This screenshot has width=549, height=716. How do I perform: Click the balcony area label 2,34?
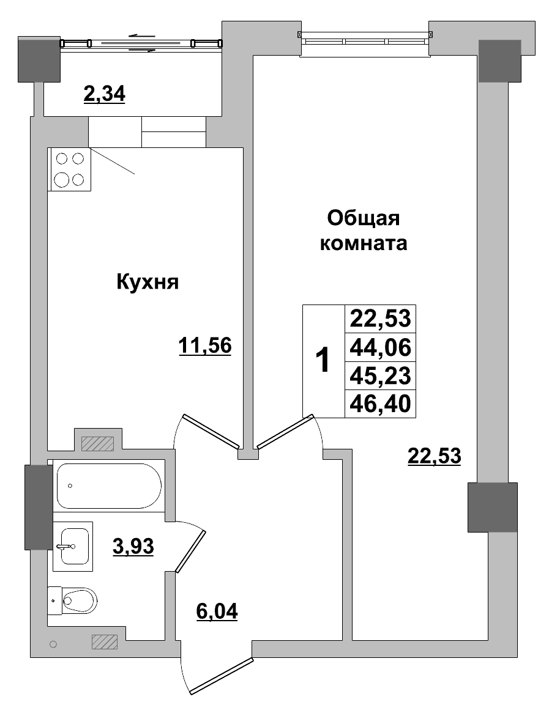click(103, 94)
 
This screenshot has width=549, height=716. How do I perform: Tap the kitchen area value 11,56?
click(204, 346)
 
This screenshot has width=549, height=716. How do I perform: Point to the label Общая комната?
click(364, 231)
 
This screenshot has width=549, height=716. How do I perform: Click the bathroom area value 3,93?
click(133, 545)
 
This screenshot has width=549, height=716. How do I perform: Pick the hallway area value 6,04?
click(217, 610)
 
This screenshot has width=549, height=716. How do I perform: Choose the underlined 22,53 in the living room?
click(433, 456)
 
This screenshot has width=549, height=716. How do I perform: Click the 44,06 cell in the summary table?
click(380, 347)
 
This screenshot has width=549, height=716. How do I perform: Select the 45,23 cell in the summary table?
click(380, 374)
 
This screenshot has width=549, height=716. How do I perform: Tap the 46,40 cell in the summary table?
click(380, 403)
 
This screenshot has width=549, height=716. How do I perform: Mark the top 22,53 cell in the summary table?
click(380, 319)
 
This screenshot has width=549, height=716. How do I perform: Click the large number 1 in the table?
click(323, 361)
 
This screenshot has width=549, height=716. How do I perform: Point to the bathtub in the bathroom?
click(108, 485)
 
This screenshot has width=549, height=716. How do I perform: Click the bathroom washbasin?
click(72, 546)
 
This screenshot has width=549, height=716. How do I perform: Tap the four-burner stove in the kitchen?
click(69, 169)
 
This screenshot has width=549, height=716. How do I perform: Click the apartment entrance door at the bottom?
click(220, 676)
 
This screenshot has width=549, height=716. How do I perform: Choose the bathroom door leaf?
click(190, 551)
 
